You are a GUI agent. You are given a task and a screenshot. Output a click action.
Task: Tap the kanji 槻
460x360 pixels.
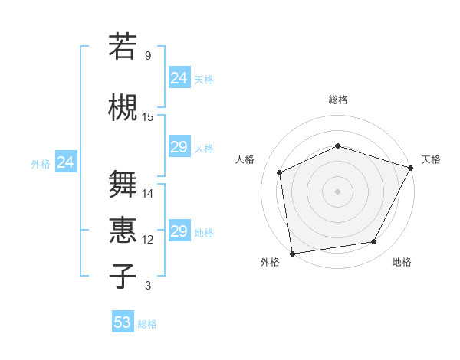click(123, 107)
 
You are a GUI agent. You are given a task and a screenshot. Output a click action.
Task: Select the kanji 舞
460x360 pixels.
click(123, 184)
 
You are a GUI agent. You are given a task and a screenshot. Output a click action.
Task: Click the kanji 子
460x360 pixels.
click(123, 276)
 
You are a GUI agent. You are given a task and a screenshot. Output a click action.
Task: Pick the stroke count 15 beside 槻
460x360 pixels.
click(148, 116)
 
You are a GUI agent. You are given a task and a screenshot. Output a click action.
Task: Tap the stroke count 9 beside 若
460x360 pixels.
click(148, 56)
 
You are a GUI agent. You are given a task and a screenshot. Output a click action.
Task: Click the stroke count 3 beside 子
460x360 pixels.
click(148, 286)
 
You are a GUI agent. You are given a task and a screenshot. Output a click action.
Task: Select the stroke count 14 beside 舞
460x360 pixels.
click(148, 193)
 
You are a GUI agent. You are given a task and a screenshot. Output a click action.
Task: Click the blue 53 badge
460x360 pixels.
click(122, 322)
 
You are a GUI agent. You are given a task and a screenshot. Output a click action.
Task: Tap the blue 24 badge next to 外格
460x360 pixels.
click(65, 162)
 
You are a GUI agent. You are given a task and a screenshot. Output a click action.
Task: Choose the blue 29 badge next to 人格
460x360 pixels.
click(179, 147)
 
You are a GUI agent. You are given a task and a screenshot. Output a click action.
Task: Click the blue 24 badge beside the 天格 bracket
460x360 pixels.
click(179, 78)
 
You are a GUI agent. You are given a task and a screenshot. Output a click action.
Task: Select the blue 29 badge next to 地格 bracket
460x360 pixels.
click(179, 231)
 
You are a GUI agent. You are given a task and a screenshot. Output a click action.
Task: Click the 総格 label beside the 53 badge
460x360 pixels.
click(147, 323)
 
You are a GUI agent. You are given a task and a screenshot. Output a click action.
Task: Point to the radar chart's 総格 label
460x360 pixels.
click(337, 100)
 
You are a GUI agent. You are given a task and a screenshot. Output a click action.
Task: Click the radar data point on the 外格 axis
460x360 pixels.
click(292, 253)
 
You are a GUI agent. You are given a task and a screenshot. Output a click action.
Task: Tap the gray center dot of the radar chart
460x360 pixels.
click(337, 191)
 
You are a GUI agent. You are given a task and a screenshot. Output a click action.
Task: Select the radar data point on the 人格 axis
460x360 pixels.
click(280, 172)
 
